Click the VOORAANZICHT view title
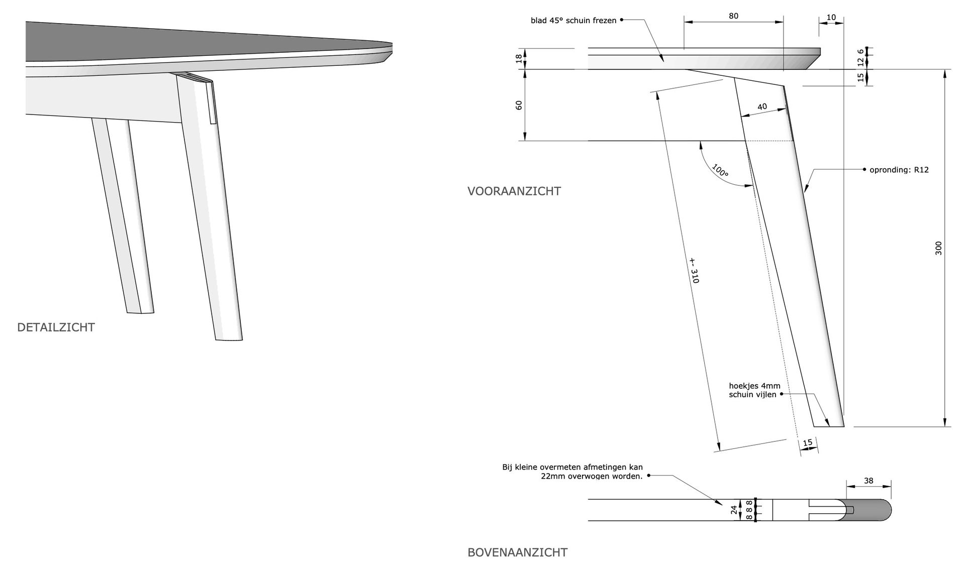[514, 191]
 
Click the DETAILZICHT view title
[56, 327]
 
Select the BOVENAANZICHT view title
[517, 552]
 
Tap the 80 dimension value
[733, 16]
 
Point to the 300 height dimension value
[938, 248]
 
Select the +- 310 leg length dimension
[694, 270]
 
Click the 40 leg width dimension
[762, 106]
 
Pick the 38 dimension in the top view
[868, 481]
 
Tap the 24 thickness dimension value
[734, 510]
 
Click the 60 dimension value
[519, 105]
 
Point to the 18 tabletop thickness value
[519, 59]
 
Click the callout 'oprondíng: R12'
[899, 170]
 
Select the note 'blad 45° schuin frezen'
[573, 21]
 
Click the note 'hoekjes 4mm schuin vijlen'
[754, 390]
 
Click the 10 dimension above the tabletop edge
[831, 18]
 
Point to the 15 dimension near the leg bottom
[808, 442]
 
